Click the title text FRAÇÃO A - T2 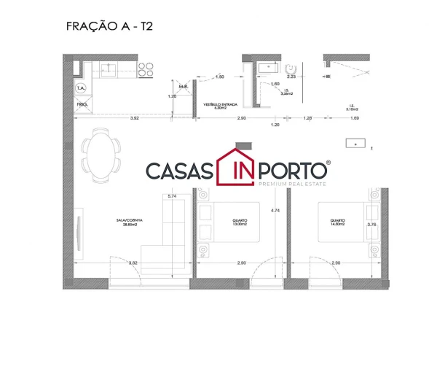click(109, 26)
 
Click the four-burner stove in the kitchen click(145, 69)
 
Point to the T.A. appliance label click(80, 88)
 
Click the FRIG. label click(82, 104)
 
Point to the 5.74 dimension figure click(172, 196)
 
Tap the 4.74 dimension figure click(275, 211)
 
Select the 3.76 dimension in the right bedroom click(372, 225)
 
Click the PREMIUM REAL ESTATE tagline click(291, 184)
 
